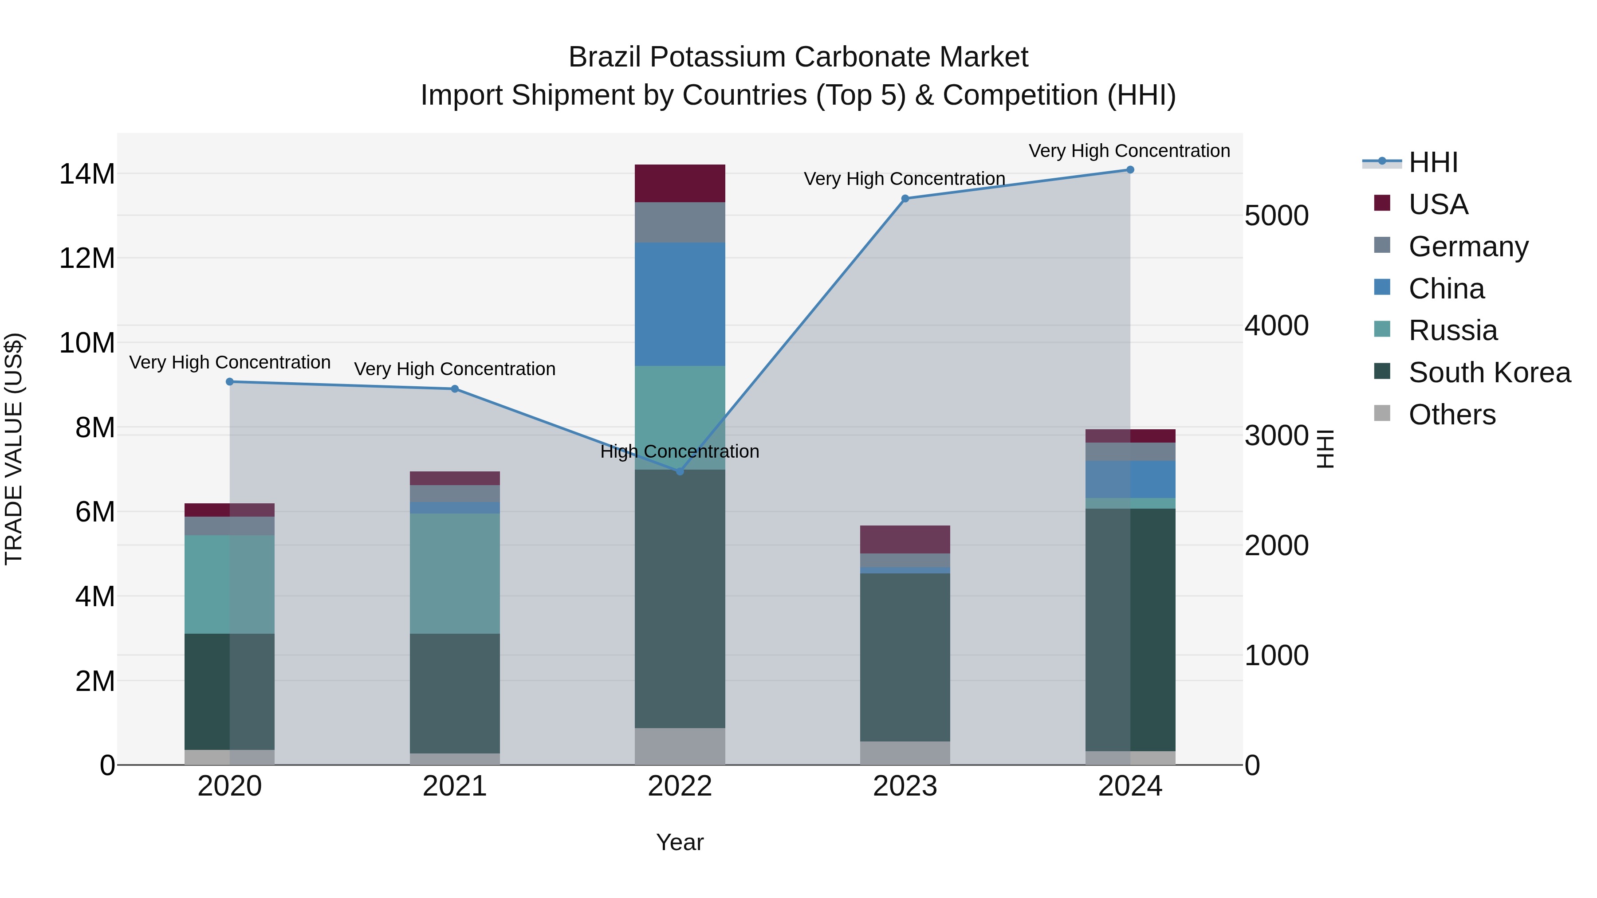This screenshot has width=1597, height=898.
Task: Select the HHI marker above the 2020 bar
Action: tap(229, 382)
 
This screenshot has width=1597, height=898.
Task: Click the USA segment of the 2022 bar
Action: tap(680, 184)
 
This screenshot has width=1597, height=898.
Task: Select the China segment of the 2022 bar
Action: tap(680, 304)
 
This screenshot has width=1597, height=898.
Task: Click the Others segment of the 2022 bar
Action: tap(680, 746)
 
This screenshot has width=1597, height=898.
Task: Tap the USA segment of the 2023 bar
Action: tap(905, 539)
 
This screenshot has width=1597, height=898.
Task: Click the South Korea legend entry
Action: tap(1489, 373)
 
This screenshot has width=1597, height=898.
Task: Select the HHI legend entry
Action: tap(1433, 162)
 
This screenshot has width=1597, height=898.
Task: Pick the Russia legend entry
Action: tap(1452, 330)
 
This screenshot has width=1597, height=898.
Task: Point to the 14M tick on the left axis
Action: tap(87, 174)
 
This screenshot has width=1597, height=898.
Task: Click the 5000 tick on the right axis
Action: tap(1276, 216)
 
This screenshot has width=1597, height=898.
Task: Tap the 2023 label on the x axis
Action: tap(905, 786)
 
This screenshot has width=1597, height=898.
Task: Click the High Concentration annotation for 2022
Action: tap(680, 451)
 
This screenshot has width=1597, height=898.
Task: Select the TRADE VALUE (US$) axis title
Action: tap(14, 449)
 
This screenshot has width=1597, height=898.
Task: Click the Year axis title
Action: tap(680, 842)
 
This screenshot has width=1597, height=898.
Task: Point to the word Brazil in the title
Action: tap(606, 57)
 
